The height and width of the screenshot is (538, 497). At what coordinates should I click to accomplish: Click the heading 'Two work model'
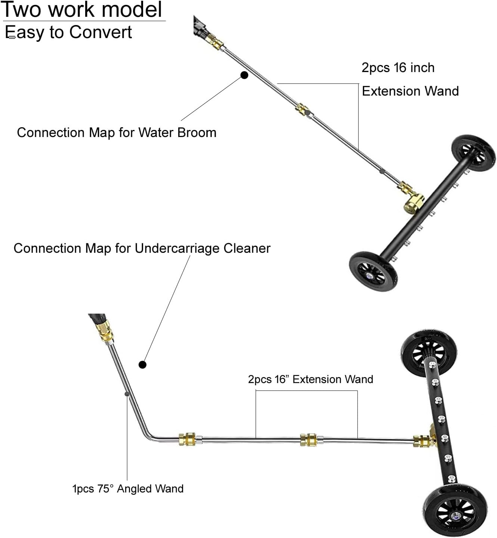[x=82, y=10]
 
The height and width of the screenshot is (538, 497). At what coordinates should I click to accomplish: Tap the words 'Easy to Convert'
[x=69, y=32]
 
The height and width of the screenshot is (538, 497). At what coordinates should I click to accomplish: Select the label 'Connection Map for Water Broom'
[x=117, y=133]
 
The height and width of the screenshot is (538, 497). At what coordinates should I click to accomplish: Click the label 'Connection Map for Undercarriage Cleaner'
[x=142, y=248]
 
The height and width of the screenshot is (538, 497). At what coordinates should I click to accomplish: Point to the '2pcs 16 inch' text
[x=398, y=68]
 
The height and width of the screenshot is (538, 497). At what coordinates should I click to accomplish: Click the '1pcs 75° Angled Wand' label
[x=128, y=489]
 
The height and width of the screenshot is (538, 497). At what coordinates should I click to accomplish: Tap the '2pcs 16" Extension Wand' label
[x=311, y=379]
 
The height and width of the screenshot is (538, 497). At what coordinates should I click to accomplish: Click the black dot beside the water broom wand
[x=244, y=75]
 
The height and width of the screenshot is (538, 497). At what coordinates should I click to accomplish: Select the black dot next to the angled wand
[x=142, y=365]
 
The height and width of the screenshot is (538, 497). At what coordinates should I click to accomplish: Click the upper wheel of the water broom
[x=473, y=153]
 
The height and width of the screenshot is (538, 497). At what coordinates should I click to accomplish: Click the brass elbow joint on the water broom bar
[x=414, y=203]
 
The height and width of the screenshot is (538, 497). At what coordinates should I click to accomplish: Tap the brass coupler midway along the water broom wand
[x=302, y=110]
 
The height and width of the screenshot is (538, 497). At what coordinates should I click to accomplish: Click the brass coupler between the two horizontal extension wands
[x=309, y=440]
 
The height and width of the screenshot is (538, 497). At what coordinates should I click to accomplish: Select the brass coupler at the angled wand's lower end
[x=187, y=439]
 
